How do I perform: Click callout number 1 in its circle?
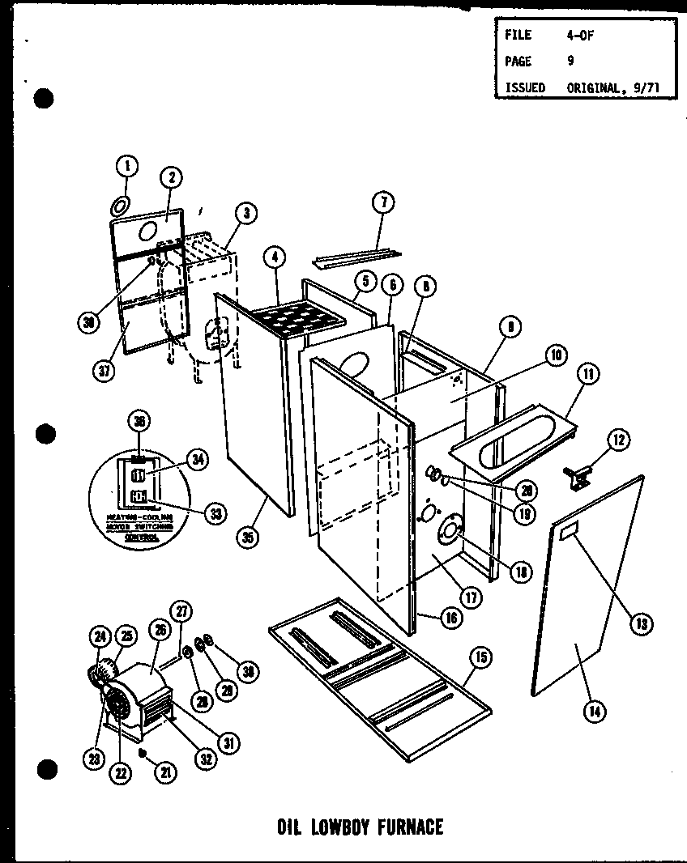pos(126,167)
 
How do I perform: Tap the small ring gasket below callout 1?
pos(119,201)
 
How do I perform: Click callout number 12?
pos(618,440)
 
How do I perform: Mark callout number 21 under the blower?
pos(167,773)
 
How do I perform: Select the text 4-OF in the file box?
pos(580,36)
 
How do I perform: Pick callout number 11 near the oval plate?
pos(587,375)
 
